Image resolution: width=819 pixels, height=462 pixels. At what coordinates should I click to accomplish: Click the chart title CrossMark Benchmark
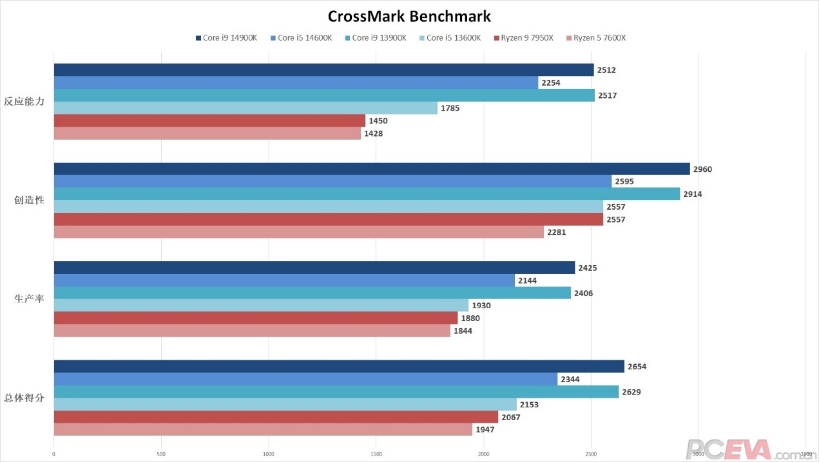[x=409, y=16]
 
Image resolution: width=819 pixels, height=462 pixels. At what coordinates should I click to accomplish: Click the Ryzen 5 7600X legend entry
[x=595, y=38]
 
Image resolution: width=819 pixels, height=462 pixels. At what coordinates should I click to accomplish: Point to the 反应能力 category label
[x=24, y=102]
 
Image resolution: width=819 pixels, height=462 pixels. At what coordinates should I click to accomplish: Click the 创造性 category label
[x=29, y=200]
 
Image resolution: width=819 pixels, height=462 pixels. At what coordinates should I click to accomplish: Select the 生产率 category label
[x=29, y=299]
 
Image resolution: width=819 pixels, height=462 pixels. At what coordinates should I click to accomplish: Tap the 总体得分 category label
[x=24, y=398]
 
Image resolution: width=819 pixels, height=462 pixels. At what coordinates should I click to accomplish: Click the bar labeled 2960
[x=371, y=169]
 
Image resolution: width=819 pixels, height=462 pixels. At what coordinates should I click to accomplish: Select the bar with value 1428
[x=207, y=133]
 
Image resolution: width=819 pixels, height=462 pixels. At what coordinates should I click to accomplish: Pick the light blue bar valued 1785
[x=245, y=108]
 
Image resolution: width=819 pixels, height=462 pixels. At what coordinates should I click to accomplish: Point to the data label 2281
[x=555, y=232]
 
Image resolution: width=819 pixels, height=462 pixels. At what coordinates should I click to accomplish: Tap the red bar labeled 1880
[x=255, y=318]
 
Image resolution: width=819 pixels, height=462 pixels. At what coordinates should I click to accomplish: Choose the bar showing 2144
[x=284, y=281]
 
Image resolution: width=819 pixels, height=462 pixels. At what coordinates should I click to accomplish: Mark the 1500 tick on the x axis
[x=376, y=454]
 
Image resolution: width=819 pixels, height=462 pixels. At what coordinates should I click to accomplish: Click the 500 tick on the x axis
[x=161, y=454]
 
